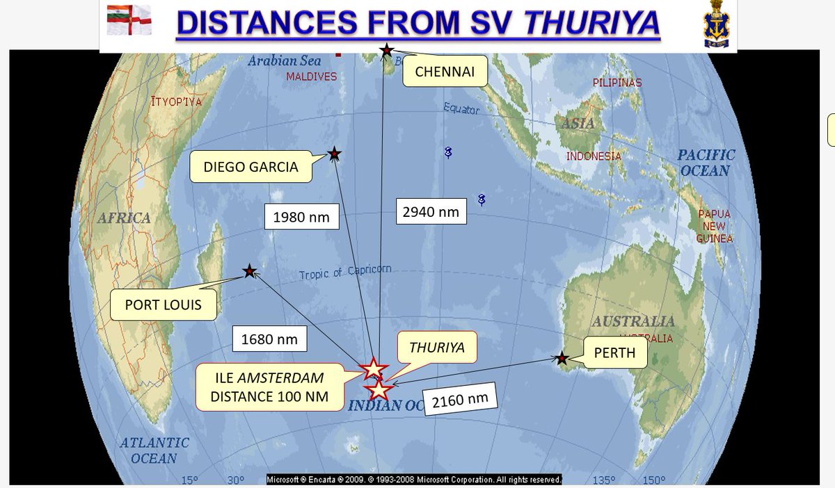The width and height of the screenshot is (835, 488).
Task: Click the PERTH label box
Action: [614, 352]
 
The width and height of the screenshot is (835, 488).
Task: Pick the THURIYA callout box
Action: [436, 346]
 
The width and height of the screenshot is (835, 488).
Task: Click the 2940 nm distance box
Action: [431, 211]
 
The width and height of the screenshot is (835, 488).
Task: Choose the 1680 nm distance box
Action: [269, 339]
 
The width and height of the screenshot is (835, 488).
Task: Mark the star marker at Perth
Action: [562, 359]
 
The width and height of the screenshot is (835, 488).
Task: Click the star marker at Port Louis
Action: [248, 272]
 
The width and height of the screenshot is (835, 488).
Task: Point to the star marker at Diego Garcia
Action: [335, 154]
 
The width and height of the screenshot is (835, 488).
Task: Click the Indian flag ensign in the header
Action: [129, 20]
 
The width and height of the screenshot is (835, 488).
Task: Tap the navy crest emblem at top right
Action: [717, 25]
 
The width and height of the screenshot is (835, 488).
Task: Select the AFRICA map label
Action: [123, 218]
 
